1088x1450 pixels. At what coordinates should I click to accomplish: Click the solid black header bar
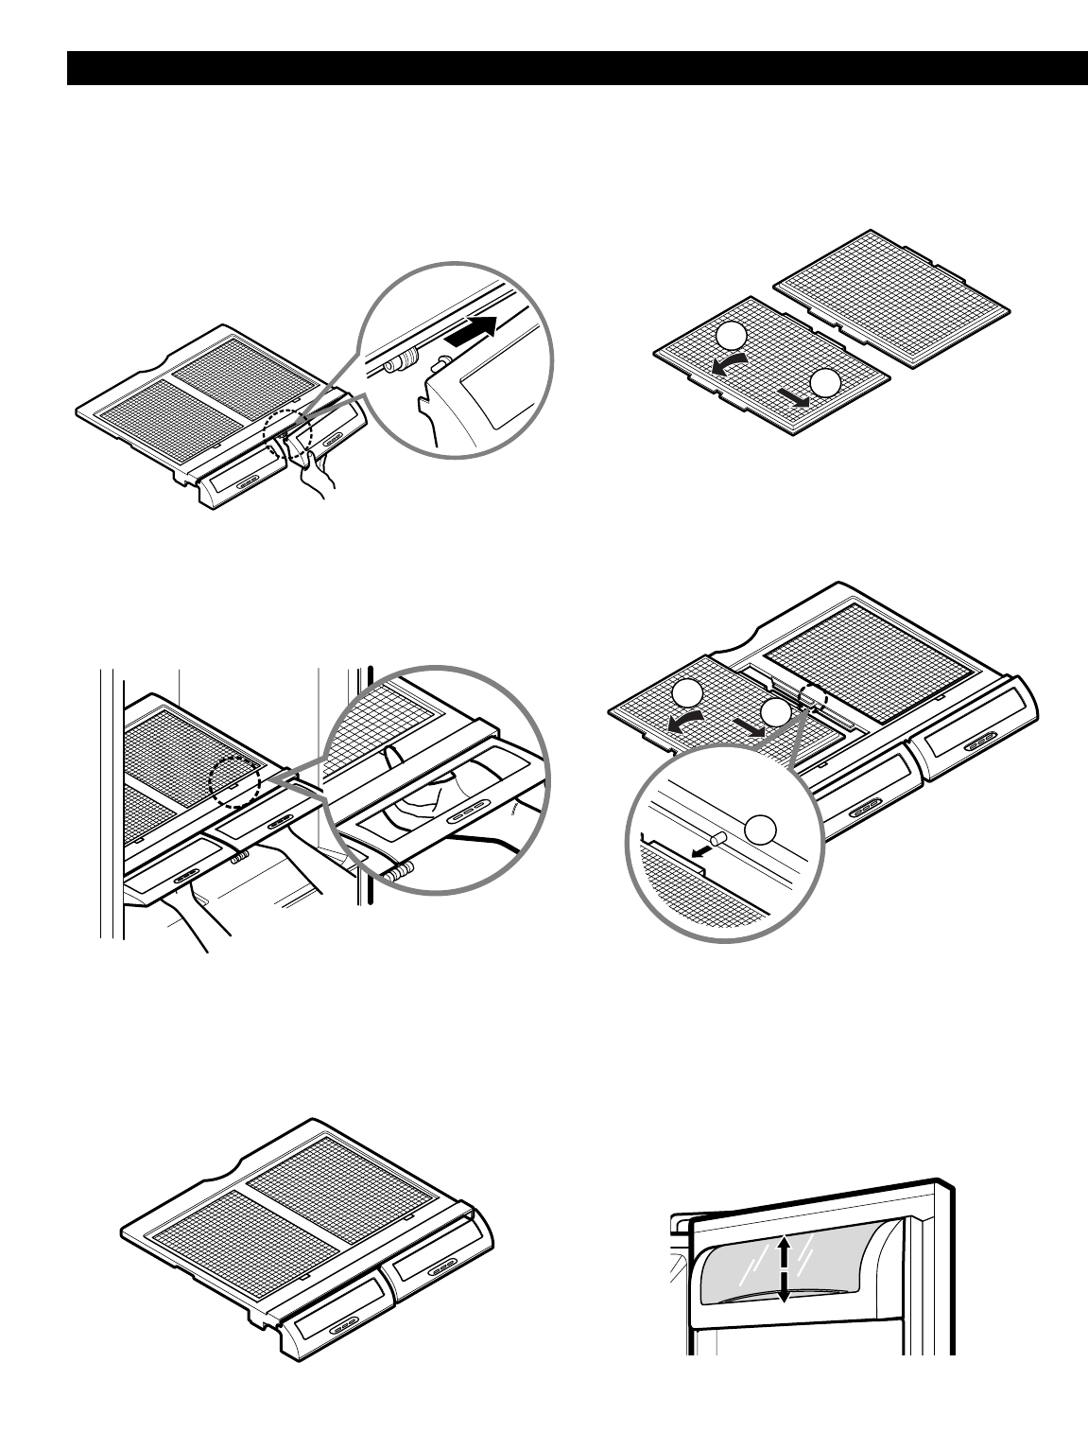tap(577, 68)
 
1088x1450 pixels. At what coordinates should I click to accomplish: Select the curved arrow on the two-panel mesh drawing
tap(729, 365)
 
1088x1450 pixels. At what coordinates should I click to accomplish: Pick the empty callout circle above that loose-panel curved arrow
tap(729, 335)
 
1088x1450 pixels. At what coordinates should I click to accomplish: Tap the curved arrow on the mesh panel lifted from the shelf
tap(682, 722)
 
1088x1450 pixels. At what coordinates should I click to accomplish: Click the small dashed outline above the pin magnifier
tap(812, 698)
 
